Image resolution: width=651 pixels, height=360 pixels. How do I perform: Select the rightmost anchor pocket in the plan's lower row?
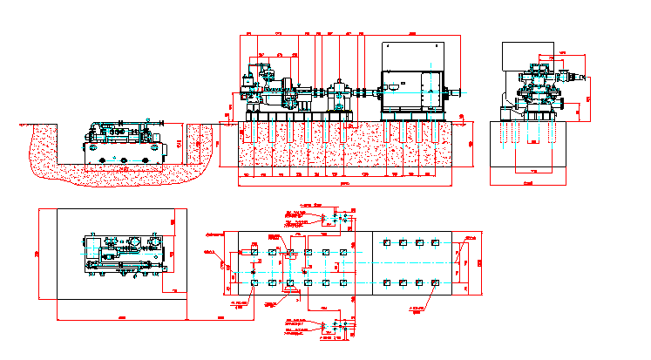pyautogui.click(x=434, y=282)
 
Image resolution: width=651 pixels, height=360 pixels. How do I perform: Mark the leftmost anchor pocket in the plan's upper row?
pyautogui.click(x=253, y=253)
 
